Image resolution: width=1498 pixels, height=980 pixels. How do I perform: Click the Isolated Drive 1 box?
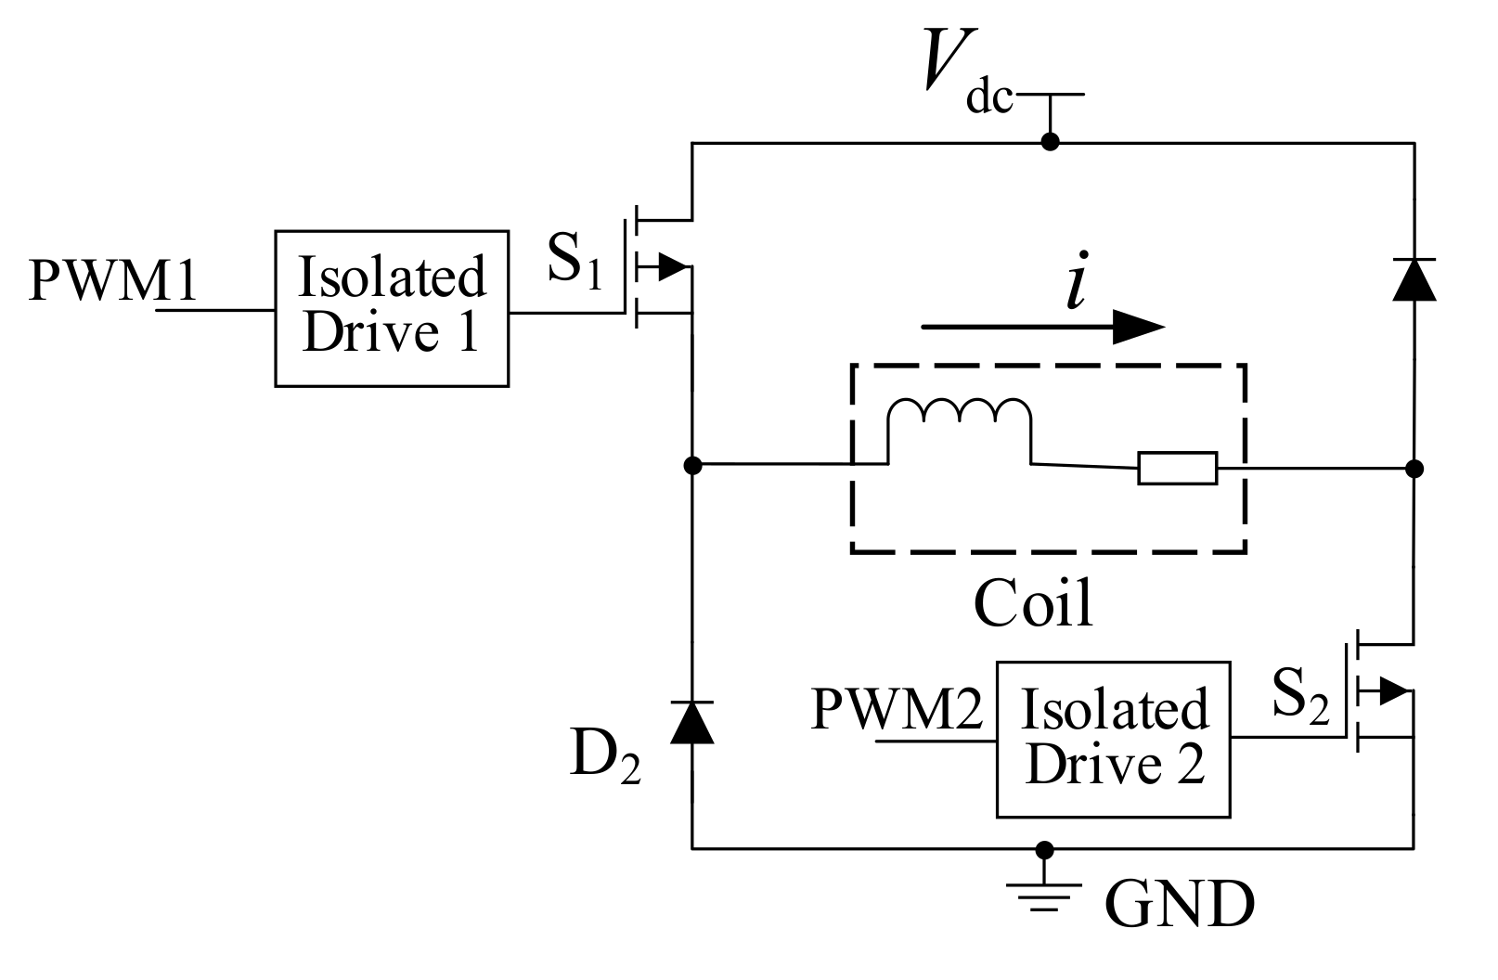(391, 307)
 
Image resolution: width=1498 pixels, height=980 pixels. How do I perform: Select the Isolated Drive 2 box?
(1113, 739)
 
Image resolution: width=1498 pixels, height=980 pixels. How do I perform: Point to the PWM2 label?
(897, 710)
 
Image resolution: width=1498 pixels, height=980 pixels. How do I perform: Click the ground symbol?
(1045, 893)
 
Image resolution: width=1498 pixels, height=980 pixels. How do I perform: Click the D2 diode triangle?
(692, 723)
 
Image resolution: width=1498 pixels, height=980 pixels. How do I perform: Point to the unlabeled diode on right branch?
(1414, 279)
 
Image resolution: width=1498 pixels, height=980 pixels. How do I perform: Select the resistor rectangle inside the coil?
(1178, 469)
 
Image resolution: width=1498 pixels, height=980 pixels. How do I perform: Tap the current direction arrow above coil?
(1043, 327)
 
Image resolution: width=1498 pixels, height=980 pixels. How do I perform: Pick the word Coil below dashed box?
(1032, 604)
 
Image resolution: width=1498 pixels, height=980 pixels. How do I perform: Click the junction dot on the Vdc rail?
(1050, 142)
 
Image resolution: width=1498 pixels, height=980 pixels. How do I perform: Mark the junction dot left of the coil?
(692, 464)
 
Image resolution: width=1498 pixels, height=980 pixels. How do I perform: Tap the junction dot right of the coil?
(1414, 468)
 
